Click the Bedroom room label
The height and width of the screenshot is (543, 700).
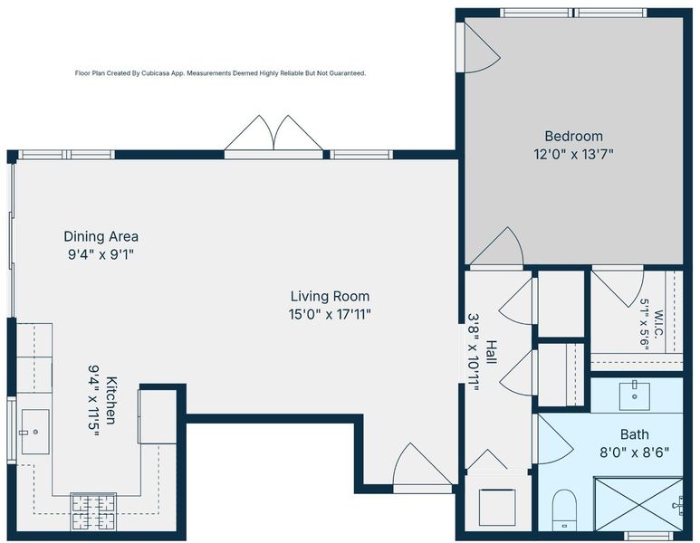[573, 136]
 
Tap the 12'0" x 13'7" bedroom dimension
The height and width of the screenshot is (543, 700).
[573, 155]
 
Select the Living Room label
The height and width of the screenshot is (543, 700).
[330, 296]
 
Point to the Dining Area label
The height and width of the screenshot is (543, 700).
[101, 236]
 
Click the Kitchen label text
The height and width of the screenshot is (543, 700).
[111, 401]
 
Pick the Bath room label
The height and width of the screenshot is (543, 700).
[635, 434]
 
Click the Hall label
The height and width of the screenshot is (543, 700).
[491, 352]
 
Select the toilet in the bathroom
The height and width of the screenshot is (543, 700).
[564, 510]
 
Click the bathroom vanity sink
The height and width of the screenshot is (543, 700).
[635, 395]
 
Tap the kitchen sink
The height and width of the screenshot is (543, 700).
[35, 432]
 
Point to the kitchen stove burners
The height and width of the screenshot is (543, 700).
[93, 511]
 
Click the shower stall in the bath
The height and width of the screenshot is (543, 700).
[638, 504]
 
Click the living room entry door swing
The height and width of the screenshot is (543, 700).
[422, 464]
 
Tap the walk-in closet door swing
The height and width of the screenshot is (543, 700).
[618, 287]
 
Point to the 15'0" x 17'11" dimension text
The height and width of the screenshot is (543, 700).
[330, 315]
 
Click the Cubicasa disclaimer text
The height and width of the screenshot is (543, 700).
[220, 73]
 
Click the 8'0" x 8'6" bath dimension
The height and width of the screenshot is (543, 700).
[635, 452]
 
